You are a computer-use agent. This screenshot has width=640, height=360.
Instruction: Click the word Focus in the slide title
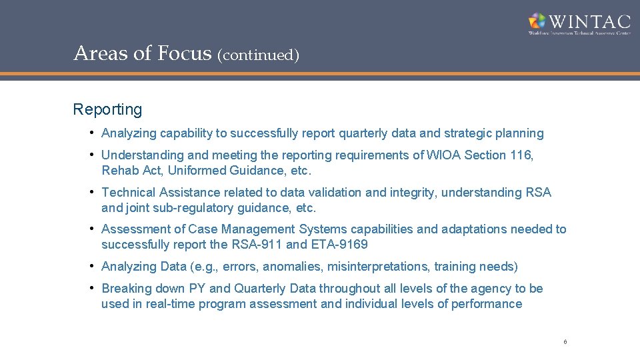point(185,53)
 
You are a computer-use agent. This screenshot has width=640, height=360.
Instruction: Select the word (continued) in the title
point(258,55)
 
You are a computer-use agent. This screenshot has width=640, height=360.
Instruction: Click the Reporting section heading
point(107,109)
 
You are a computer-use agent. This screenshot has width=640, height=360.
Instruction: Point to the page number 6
point(565,342)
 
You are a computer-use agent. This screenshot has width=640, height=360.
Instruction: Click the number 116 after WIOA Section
point(520,155)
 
